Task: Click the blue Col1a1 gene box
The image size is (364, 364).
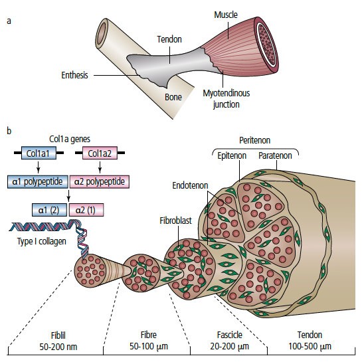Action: (39, 153)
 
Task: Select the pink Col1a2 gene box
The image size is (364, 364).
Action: (100, 153)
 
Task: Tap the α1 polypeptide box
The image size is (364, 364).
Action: (38, 181)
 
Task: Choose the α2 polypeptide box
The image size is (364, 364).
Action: (100, 181)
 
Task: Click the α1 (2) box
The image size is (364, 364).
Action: (49, 210)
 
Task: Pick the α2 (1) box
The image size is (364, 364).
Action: (86, 210)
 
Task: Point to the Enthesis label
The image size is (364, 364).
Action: (75, 75)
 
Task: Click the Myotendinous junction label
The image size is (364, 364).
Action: (227, 99)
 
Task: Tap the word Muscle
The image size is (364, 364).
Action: (226, 15)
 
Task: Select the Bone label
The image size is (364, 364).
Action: (173, 97)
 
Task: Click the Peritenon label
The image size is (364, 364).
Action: (254, 140)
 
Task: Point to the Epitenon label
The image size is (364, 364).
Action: (232, 155)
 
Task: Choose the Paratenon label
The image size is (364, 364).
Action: (275, 155)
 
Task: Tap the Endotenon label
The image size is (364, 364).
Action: (190, 185)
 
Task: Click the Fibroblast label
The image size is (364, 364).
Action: (176, 221)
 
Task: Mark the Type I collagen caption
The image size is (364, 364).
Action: (42, 241)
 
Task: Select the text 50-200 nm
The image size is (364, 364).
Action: (58, 347)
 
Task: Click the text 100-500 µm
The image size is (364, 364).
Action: (310, 346)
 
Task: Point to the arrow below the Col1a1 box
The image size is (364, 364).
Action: (39, 167)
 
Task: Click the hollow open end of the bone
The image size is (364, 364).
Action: (101, 33)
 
